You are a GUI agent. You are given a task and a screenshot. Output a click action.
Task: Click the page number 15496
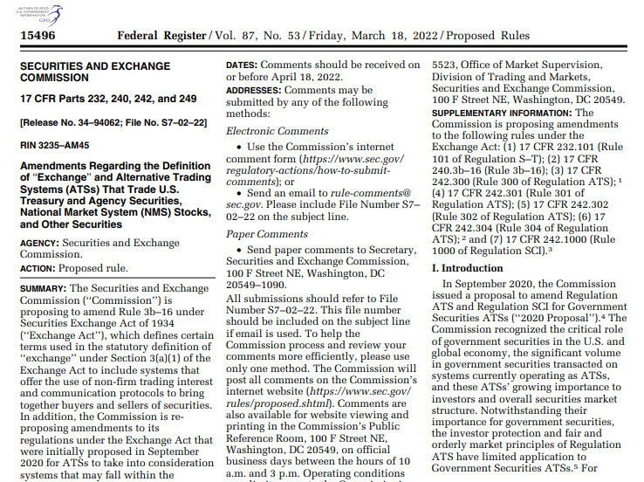[x=38, y=36]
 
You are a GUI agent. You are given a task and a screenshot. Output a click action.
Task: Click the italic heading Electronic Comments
[x=277, y=131]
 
